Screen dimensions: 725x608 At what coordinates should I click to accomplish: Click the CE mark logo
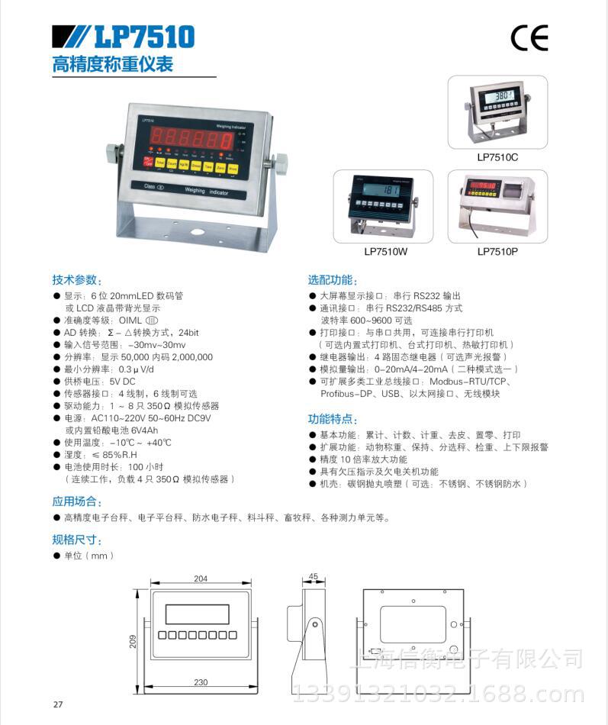tap(529, 37)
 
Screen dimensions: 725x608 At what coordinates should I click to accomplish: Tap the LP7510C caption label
tap(497, 158)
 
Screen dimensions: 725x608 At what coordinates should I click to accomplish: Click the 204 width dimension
tap(201, 578)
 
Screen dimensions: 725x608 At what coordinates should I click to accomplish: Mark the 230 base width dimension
tap(201, 682)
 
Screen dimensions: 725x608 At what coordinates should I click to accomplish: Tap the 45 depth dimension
tap(314, 577)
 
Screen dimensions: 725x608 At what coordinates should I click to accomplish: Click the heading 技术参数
tap(76, 280)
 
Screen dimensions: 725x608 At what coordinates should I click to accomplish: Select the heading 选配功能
tap(333, 280)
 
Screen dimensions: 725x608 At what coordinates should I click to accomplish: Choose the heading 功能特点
tap(333, 419)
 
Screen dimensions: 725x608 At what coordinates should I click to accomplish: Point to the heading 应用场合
tap(76, 501)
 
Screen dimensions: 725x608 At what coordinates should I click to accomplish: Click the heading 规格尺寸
tap(76, 540)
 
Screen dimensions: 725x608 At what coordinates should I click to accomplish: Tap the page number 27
tap(58, 704)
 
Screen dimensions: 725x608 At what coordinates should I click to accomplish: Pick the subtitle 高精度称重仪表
tap(113, 64)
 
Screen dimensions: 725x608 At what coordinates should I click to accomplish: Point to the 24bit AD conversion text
tap(185, 333)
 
